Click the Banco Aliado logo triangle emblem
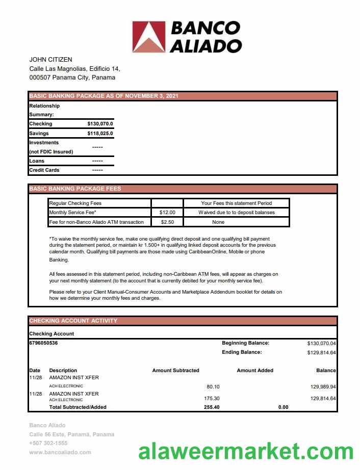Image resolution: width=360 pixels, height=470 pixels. pyautogui.click(x=149, y=37)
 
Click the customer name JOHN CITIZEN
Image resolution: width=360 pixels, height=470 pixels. pyautogui.click(x=51, y=60)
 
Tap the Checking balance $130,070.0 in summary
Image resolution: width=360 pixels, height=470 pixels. pyautogui.click(x=100, y=124)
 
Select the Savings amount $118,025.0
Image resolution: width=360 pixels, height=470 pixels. pyautogui.click(x=100, y=134)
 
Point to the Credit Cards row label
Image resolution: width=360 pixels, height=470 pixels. pyautogui.click(x=44, y=170)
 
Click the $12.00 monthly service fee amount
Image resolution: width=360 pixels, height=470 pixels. pyautogui.click(x=167, y=213)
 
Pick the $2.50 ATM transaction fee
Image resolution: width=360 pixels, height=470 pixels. pyautogui.click(x=167, y=222)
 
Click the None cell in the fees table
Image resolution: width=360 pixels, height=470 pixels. pyautogui.click(x=218, y=222)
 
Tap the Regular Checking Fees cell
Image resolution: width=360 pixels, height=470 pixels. pyautogui.click(x=75, y=203)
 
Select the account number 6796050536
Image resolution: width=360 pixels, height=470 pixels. pyautogui.click(x=43, y=343)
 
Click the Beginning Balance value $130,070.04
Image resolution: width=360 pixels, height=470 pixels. pyautogui.click(x=321, y=344)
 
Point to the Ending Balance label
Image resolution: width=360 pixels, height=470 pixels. pyautogui.click(x=242, y=352)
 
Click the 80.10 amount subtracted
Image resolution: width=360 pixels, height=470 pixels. pyautogui.click(x=213, y=387)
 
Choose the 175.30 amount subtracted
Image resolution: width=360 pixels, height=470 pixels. pyautogui.click(x=212, y=398)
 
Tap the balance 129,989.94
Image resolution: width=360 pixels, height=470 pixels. pyautogui.click(x=323, y=387)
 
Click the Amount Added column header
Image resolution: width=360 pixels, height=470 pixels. pyautogui.click(x=255, y=371)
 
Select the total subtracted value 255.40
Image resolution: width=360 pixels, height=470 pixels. pyautogui.click(x=212, y=407)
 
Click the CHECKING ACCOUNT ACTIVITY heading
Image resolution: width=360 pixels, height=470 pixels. pyautogui.click(x=73, y=321)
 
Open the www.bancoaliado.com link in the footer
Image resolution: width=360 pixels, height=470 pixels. pyautogui.click(x=60, y=452)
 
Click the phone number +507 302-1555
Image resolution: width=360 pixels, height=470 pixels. pyautogui.click(x=49, y=443)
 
